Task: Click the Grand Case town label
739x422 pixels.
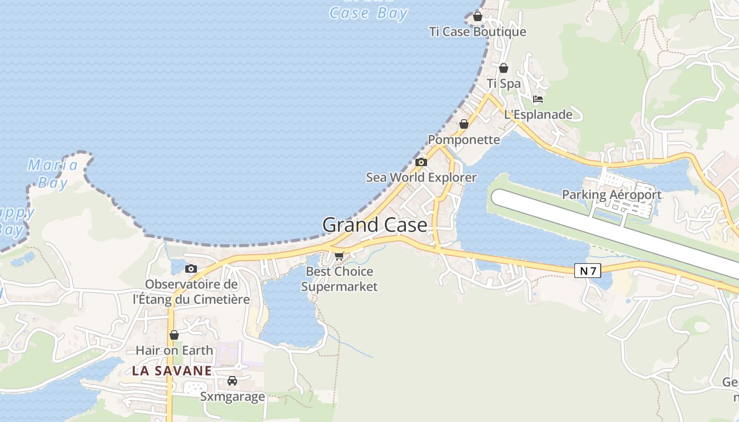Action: pos(375,225)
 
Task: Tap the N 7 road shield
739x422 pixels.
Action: pos(588,271)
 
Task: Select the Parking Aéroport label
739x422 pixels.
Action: pos(611,195)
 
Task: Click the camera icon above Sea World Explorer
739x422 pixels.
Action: pos(421,162)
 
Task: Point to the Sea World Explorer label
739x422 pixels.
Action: pos(421,177)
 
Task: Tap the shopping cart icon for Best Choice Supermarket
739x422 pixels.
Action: pos(339,256)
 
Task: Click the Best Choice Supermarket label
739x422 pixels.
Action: pos(339,279)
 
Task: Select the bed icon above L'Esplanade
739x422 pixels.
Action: pos(538,99)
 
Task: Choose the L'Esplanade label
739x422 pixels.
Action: pos(538,114)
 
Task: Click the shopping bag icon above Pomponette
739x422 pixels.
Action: pos(463,124)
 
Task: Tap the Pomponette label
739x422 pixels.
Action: pos(463,140)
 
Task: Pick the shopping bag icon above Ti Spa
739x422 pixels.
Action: pos(504,68)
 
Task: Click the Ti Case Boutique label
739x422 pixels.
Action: pos(478,32)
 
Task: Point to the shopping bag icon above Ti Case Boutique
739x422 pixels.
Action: pos(478,16)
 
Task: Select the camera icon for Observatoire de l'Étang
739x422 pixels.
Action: pos(191,269)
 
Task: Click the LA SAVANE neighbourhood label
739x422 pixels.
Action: pos(172,371)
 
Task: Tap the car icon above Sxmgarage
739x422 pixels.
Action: pos(232,380)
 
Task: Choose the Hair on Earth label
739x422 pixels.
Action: pos(174,350)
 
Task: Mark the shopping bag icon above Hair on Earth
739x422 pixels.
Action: pos(174,335)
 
